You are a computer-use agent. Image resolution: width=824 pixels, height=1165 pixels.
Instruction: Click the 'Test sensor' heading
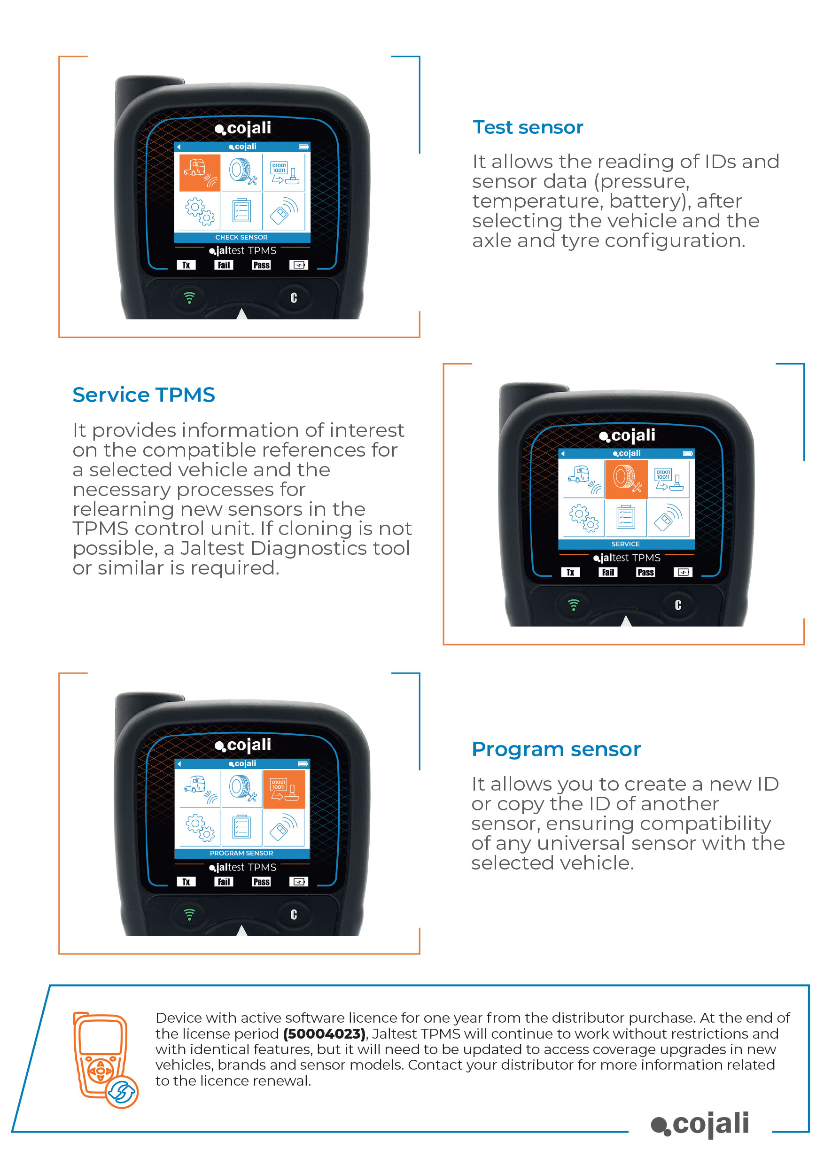point(528,127)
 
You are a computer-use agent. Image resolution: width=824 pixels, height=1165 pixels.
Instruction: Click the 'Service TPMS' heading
point(144,395)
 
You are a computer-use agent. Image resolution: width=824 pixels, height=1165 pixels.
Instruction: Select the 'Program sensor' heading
point(556,749)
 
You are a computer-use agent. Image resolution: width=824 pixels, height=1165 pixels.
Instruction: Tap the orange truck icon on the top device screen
point(199,173)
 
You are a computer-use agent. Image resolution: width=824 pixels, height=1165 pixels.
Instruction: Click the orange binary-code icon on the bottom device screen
point(283,790)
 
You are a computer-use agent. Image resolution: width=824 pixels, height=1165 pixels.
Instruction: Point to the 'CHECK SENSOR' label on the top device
point(241,237)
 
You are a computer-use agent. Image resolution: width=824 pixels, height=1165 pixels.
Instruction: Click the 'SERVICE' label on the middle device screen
point(625,544)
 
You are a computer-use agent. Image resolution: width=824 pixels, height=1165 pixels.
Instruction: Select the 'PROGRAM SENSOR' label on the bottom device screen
point(241,853)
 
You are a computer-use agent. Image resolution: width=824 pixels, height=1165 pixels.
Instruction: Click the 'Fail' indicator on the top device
point(223,265)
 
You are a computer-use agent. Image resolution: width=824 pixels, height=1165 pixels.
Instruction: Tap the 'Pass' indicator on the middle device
point(645,572)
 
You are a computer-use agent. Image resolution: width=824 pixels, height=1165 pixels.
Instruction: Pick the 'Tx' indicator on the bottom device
point(186,882)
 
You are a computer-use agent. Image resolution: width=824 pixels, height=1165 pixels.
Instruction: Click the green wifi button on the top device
point(189,298)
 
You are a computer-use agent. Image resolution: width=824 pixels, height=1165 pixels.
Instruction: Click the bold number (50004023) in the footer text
point(324,1033)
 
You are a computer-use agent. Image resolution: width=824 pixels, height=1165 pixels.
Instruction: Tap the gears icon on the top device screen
point(199,211)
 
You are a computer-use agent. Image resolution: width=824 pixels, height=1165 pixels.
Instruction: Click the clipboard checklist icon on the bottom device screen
point(241,828)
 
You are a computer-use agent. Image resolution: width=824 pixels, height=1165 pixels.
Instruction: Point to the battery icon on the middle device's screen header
point(687,453)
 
